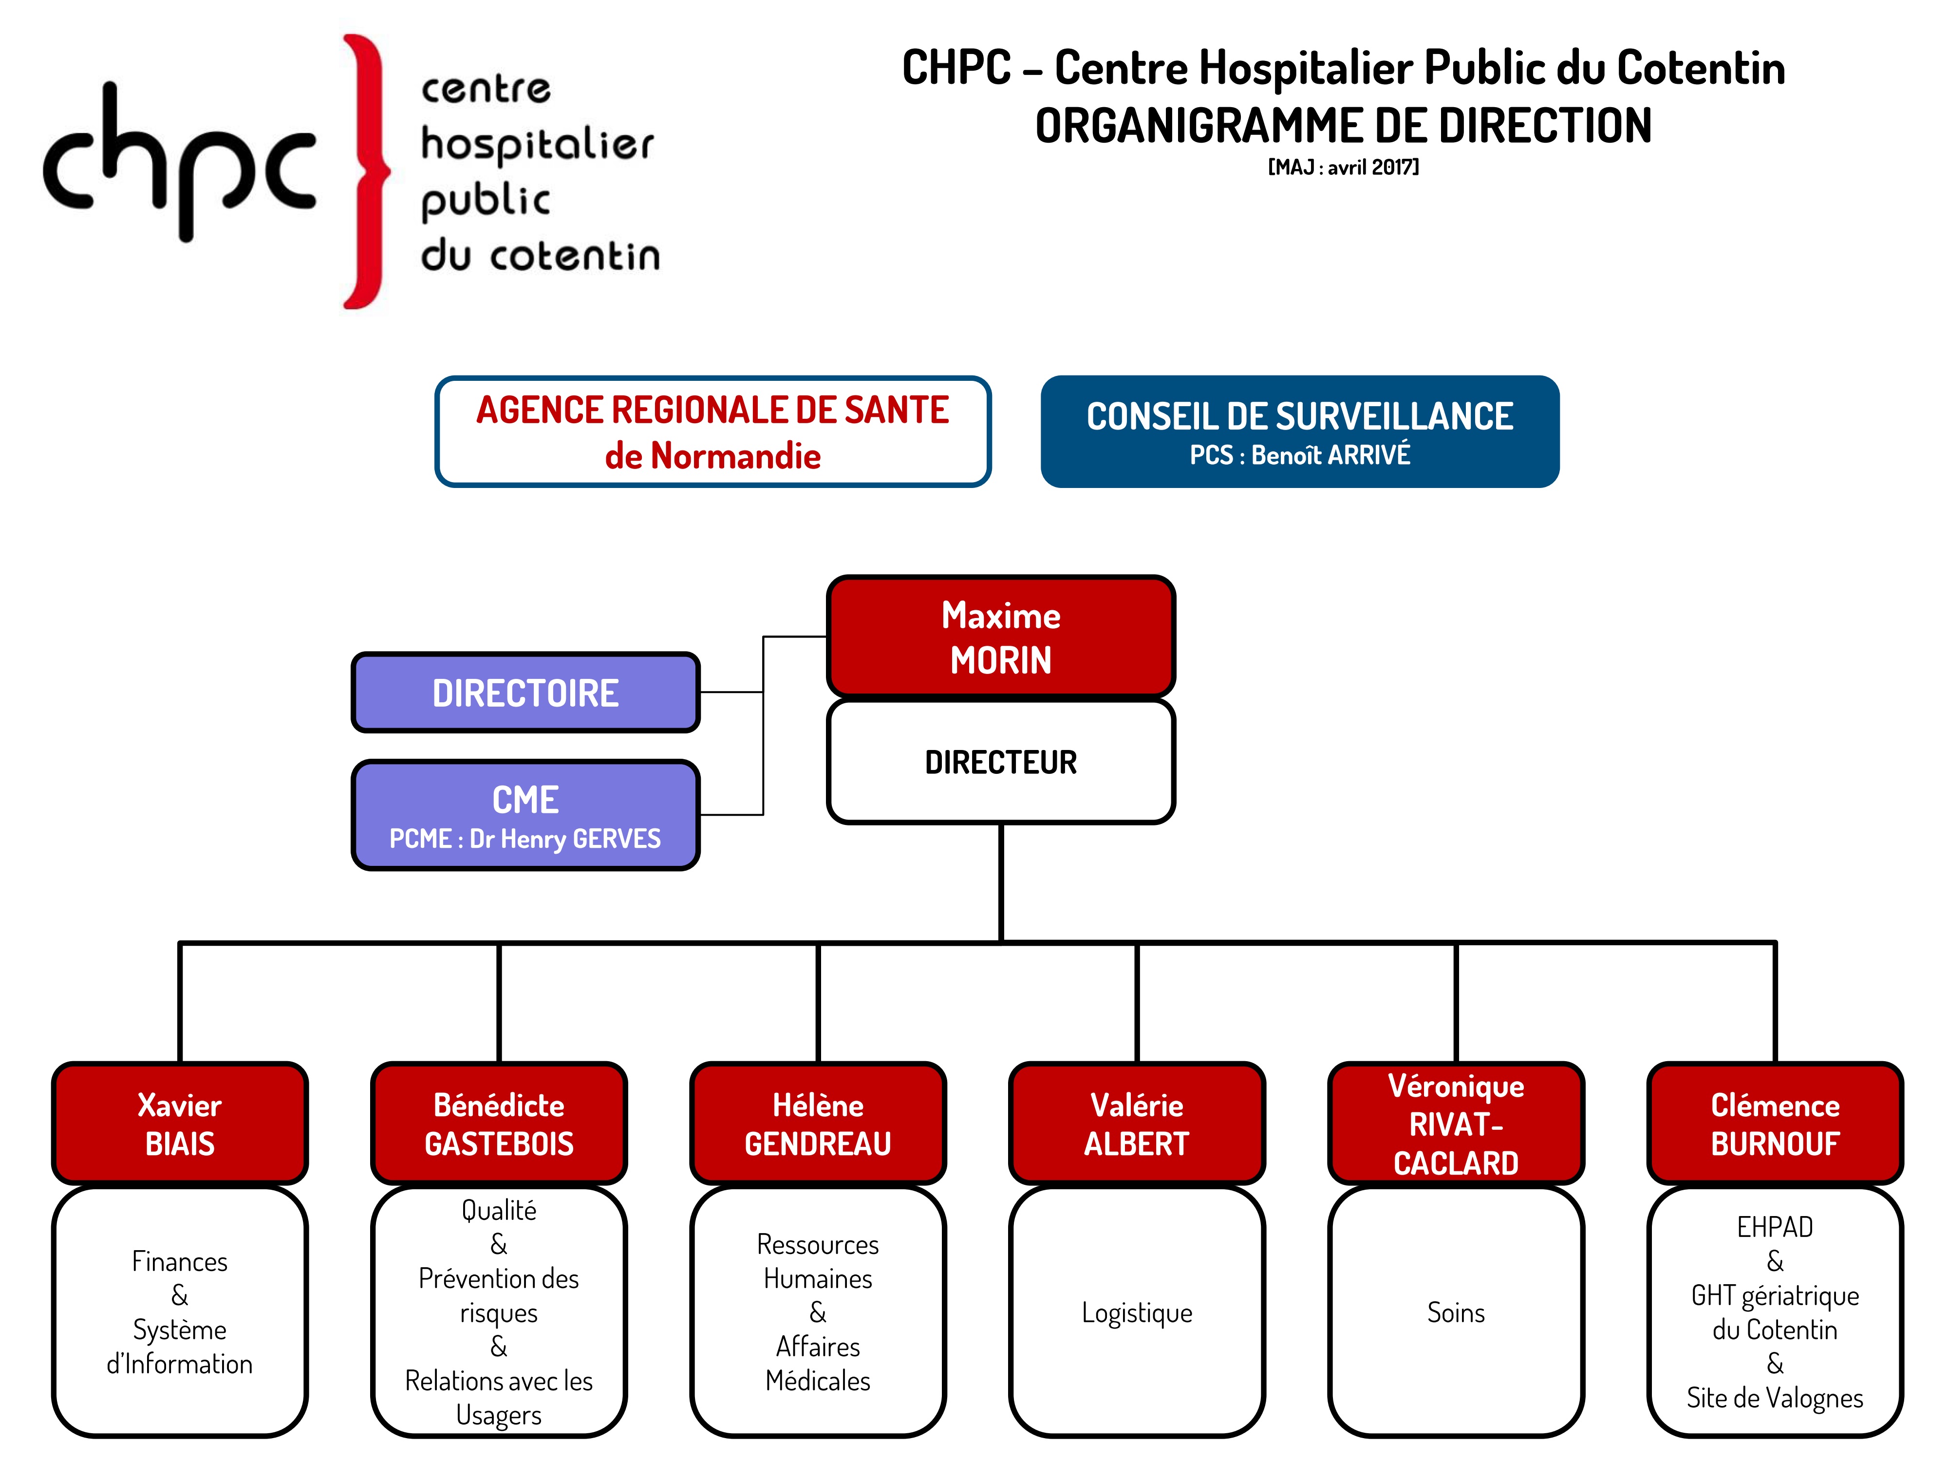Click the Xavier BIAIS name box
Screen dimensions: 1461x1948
pos(180,1124)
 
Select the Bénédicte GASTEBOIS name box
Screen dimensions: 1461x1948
pos(499,1124)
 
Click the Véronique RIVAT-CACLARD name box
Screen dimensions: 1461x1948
pos(1456,1124)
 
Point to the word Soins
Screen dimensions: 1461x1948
pos(1456,1312)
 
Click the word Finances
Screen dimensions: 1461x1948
pos(180,1261)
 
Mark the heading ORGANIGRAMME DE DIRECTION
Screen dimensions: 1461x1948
pos(1343,125)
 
